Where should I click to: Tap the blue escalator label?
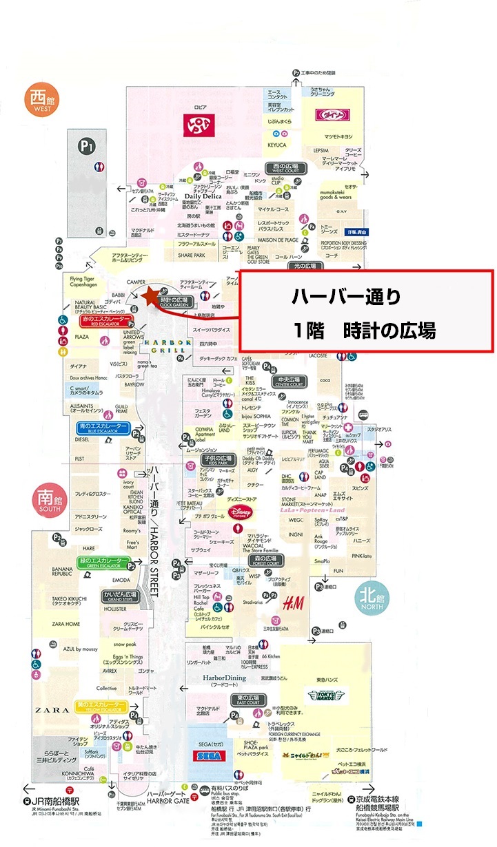(103, 428)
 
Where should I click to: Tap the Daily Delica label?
(201, 196)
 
